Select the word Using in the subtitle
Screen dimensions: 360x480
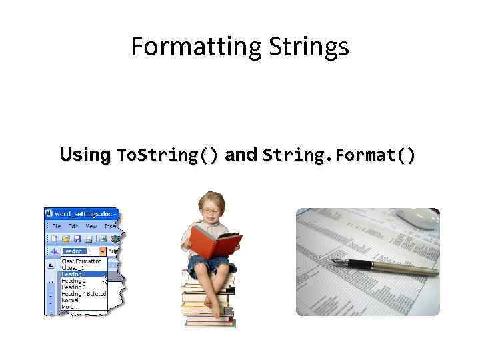pyautogui.click(x=85, y=155)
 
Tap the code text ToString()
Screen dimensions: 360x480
pyautogui.click(x=167, y=155)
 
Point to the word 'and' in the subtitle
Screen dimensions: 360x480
pyautogui.click(x=241, y=155)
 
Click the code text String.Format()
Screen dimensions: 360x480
pyautogui.click(x=339, y=155)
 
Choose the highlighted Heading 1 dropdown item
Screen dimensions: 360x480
pyautogui.click(x=74, y=274)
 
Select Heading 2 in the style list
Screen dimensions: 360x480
pyautogui.click(x=74, y=281)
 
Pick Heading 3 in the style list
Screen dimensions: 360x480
pyautogui.click(x=74, y=287)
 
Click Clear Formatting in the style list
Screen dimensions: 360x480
pyautogui.click(x=81, y=261)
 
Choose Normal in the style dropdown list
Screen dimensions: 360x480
pyautogui.click(x=71, y=301)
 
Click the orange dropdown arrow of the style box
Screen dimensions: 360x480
pyautogui.click(x=103, y=251)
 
